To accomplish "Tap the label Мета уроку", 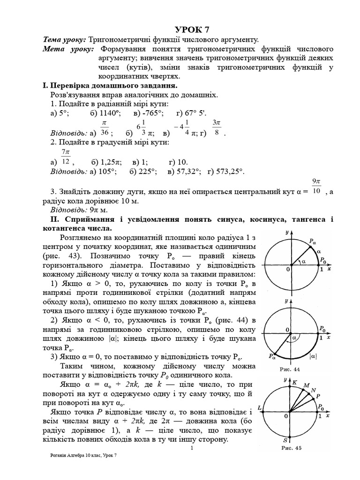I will pos(68,49).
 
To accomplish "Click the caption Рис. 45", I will pos(291,448).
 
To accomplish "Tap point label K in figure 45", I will pos(294,382).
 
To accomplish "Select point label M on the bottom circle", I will pos(307,385).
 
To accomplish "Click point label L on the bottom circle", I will pos(260,408).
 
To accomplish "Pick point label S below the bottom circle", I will pos(285,441).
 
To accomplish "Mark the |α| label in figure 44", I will pos(313,356).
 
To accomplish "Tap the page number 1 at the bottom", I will pos(192,449).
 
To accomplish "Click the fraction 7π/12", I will pos(66,157).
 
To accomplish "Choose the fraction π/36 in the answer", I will pos(105,127).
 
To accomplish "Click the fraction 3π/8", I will pos(216,127).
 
